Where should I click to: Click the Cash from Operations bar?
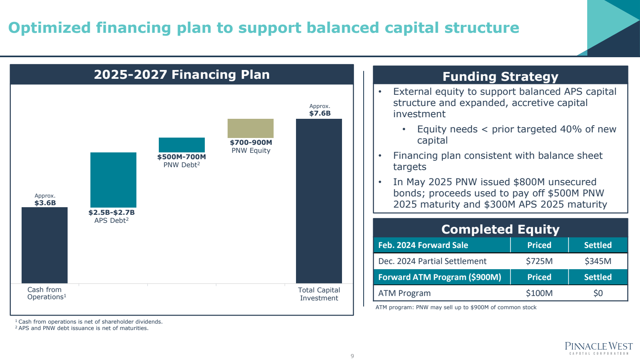pyautogui.click(x=44, y=245)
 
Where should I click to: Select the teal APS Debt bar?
pyautogui.click(x=113, y=180)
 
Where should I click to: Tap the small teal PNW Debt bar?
pyautogui.click(x=182, y=145)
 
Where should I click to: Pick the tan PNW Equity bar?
pyautogui.click(x=250, y=128)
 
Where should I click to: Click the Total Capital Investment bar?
pyautogui.click(x=319, y=201)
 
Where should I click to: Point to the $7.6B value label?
pyautogui.click(x=320, y=113)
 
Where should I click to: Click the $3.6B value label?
pyautogui.click(x=45, y=203)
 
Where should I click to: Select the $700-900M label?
pyautogui.click(x=251, y=142)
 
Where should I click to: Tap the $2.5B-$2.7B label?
pyautogui.click(x=112, y=212)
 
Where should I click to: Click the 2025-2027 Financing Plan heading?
pyautogui.click(x=182, y=75)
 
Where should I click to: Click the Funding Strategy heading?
pyautogui.click(x=500, y=76)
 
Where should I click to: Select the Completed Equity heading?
pyautogui.click(x=500, y=229)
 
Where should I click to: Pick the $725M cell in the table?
pyautogui.click(x=539, y=261)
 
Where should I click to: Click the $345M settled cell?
pyautogui.click(x=598, y=261)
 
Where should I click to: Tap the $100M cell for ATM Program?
pyautogui.click(x=539, y=293)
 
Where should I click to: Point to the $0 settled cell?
pyautogui.click(x=598, y=293)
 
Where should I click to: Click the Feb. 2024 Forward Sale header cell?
pyautogui.click(x=423, y=245)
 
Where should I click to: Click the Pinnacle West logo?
pyautogui.click(x=598, y=348)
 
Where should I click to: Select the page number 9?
pyautogui.click(x=352, y=356)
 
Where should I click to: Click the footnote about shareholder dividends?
pyautogui.click(x=89, y=322)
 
